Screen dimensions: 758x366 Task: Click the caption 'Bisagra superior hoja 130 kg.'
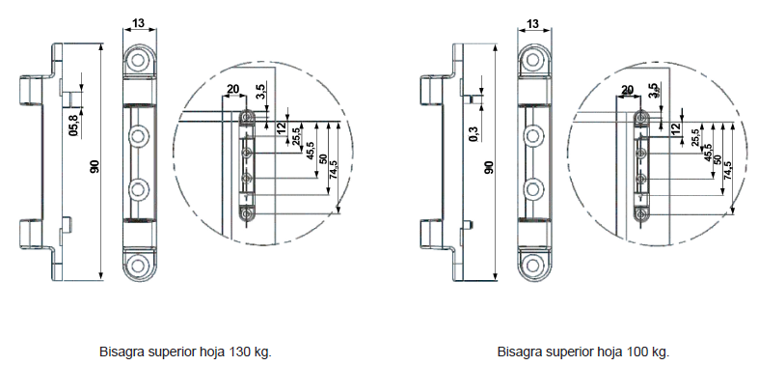click(185, 352)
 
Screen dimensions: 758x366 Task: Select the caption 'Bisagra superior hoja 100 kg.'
click(583, 352)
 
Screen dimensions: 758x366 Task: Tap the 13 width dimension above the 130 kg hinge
click(139, 23)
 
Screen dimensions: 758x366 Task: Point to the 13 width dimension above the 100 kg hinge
click(533, 23)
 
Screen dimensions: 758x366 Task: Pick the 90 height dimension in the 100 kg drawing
click(489, 167)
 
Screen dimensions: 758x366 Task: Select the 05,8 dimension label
click(73, 126)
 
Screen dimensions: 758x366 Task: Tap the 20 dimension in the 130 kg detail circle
click(233, 89)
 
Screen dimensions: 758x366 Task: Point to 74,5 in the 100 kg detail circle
click(728, 170)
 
